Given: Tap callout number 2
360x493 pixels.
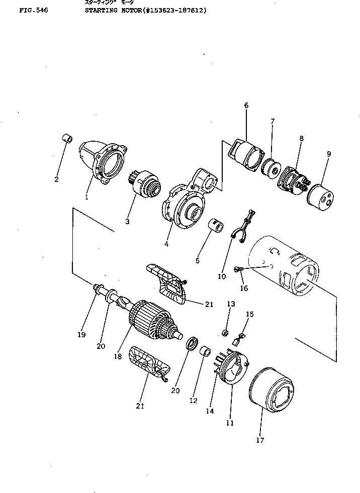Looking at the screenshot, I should [x=56, y=179].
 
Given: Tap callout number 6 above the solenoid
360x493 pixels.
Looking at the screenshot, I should [x=246, y=105].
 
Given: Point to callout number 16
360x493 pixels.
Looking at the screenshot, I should [x=244, y=288].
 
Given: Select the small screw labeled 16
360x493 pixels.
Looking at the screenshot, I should [x=239, y=270].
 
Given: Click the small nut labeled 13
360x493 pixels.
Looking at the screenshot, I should [x=226, y=332].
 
